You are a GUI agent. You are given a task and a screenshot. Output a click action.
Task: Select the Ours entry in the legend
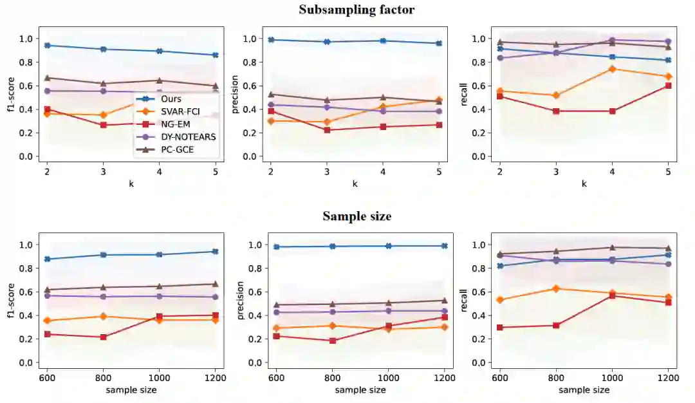171,99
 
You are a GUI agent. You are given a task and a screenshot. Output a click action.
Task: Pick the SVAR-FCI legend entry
180,111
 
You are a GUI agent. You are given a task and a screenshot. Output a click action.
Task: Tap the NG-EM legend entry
175,124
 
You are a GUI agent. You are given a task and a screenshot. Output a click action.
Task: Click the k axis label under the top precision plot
355,183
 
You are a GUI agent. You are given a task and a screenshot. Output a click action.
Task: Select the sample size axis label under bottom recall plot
584,390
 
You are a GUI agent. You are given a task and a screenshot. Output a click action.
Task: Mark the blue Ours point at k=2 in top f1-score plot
48,45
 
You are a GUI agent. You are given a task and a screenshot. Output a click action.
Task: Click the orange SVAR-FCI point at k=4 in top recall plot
613,69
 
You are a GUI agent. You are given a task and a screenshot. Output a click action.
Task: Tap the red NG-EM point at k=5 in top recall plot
669,86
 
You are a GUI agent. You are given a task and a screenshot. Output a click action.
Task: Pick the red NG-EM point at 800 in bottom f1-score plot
103,337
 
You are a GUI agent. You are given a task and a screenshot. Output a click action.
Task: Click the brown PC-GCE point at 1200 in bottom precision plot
444,300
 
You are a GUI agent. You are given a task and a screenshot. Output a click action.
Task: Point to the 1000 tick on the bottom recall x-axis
612,378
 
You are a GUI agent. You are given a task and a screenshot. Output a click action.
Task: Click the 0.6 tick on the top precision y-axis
254,86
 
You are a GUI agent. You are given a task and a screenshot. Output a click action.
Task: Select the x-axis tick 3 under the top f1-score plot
104,172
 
